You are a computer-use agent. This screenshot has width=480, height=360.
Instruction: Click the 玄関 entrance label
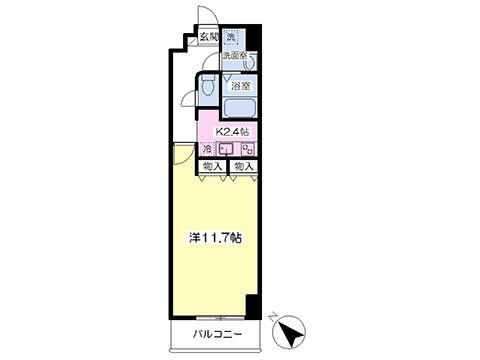coord(208,39)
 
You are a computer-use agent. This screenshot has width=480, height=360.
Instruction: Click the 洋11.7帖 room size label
coord(219,240)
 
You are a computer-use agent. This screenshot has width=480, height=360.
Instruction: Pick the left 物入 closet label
coord(211,166)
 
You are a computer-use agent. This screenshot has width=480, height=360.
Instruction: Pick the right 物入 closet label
coord(243,166)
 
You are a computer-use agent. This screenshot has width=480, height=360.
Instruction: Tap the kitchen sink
coord(228,150)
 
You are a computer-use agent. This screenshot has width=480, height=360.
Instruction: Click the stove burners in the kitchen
coord(247,150)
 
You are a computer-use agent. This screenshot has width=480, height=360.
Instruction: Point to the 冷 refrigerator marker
coord(207,150)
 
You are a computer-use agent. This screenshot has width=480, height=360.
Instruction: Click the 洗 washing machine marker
coord(231,39)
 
